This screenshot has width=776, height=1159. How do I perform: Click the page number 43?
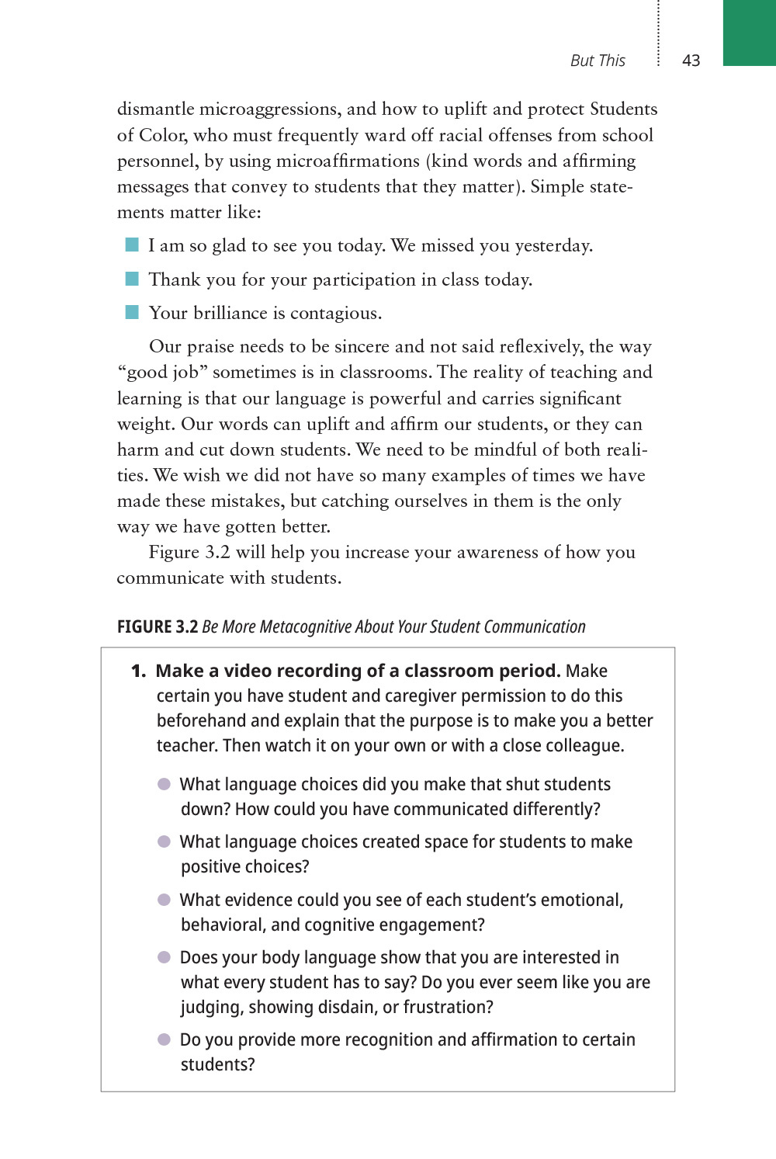point(691,61)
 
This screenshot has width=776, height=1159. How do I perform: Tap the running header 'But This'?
point(598,61)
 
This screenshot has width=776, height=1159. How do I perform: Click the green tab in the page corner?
point(749,33)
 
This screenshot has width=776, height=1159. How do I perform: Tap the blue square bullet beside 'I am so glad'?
point(132,245)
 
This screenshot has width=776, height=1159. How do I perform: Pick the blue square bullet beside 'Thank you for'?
point(132,279)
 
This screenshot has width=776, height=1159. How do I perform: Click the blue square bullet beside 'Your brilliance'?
point(132,312)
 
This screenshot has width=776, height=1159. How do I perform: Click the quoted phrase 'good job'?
point(162,373)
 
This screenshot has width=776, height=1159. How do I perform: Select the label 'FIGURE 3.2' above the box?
point(158,626)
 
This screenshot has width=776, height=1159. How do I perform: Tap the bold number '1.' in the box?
point(138,671)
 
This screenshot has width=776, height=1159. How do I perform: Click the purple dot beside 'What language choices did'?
point(164,784)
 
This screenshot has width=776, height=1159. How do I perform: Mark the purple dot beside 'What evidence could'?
point(164,900)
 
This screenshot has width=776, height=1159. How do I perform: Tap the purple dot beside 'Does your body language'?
point(164,957)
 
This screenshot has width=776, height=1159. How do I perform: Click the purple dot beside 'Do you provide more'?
point(164,1039)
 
